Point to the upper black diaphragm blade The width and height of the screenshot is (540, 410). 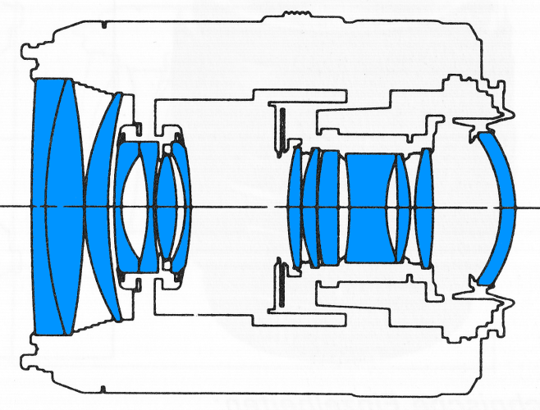pyautogui.click(x=280, y=126)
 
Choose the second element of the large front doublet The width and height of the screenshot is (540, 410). pyautogui.click(x=69, y=205)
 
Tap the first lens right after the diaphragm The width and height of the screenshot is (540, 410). pyautogui.click(x=295, y=205)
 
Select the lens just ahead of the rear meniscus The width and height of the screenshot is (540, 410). pyautogui.click(x=423, y=205)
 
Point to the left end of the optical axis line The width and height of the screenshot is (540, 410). pyautogui.click(x=2, y=206)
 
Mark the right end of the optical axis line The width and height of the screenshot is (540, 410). pyautogui.click(x=537, y=206)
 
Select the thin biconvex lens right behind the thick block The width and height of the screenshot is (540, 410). pyautogui.click(x=402, y=205)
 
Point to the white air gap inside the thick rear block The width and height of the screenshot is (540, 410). pyautogui.click(x=391, y=205)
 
